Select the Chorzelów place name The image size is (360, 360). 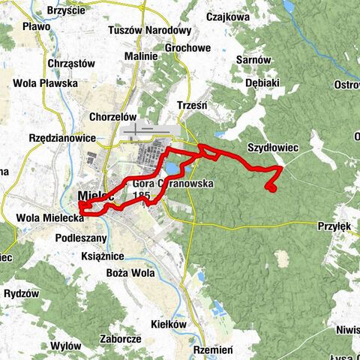[112, 118]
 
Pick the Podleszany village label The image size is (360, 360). [82, 238]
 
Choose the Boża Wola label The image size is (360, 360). [131, 273]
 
